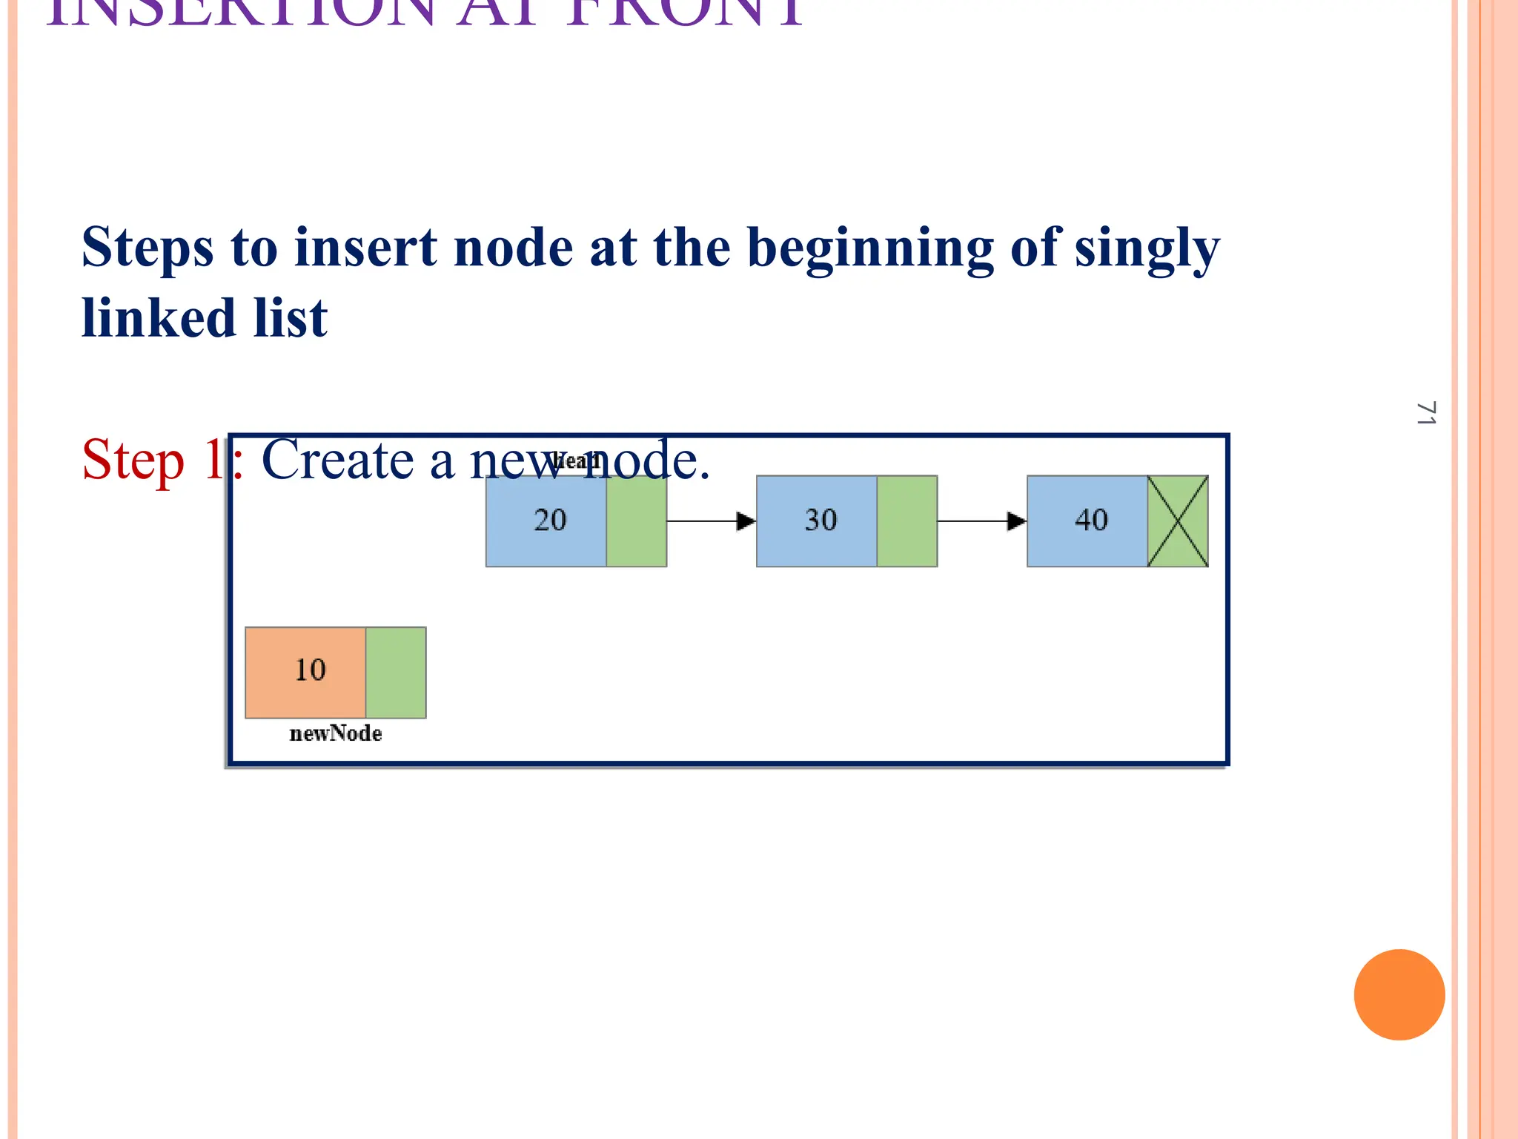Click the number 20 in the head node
click(x=550, y=521)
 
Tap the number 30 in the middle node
click(x=821, y=521)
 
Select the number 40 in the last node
click(x=1091, y=521)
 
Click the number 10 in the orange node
click(x=310, y=670)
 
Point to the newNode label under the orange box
click(x=336, y=733)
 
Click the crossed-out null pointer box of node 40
click(x=1178, y=521)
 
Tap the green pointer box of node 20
click(x=637, y=521)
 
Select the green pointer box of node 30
click(x=907, y=521)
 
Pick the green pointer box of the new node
click(x=396, y=673)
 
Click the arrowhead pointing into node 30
click(x=746, y=521)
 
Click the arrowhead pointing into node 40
click(x=1016, y=521)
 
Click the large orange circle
click(x=1399, y=994)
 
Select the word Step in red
click(x=133, y=461)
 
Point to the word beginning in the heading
click(x=871, y=248)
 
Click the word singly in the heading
click(x=1147, y=248)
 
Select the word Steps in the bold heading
click(x=148, y=248)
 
